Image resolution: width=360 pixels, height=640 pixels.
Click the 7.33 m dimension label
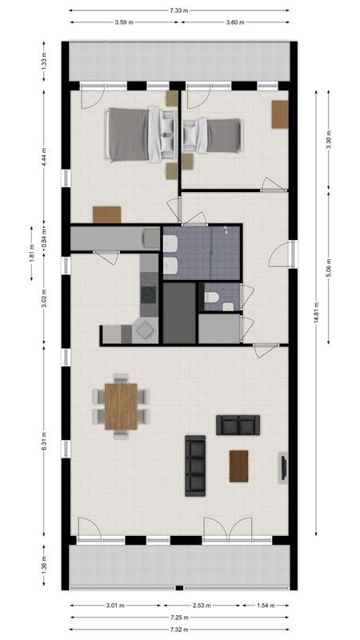click(179, 10)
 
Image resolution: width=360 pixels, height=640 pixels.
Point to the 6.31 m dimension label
click(45, 442)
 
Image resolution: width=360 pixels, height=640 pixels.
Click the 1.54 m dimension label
click(262, 606)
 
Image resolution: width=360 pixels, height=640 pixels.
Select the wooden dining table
click(121, 406)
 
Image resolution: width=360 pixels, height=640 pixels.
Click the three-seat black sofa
click(195, 466)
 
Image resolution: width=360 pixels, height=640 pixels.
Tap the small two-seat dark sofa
click(238, 425)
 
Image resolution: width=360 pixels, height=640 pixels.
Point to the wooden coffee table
click(238, 466)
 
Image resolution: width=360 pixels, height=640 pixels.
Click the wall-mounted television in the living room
click(282, 468)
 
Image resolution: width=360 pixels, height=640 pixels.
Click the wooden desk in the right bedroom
click(279, 114)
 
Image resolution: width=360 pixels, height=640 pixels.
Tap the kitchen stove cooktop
click(149, 294)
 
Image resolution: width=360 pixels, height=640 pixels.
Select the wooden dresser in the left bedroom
click(106, 214)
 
